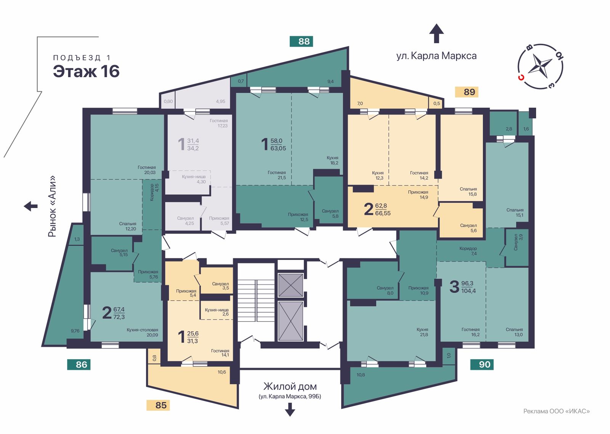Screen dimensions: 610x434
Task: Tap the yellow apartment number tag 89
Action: pyautogui.click(x=467, y=92)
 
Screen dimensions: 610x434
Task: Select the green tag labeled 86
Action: pyautogui.click(x=79, y=365)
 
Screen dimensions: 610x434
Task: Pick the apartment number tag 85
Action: pyautogui.click(x=158, y=405)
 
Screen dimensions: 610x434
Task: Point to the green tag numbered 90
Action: pyautogui.click(x=482, y=365)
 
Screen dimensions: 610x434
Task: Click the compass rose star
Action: pyautogui.click(x=540, y=66)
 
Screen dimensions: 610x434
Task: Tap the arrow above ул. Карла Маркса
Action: pyautogui.click(x=437, y=33)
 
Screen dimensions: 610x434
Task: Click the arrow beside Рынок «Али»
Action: pyautogui.click(x=30, y=206)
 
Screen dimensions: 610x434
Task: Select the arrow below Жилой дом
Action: pyautogui.click(x=290, y=409)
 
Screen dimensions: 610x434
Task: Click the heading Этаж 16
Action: pyautogui.click(x=86, y=71)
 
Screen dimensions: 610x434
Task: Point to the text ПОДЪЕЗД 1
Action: pyautogui.click(x=82, y=58)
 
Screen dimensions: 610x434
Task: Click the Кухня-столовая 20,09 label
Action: pyautogui.click(x=142, y=332)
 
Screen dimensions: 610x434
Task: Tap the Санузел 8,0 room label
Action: pyautogui.click(x=385, y=290)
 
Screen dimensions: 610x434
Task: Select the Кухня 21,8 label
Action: pyautogui.click(x=422, y=332)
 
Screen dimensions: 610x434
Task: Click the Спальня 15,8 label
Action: pyautogui.click(x=469, y=191)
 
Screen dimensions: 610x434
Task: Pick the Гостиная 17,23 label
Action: pyautogui.click(x=219, y=123)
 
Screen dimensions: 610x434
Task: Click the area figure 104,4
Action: pyautogui.click(x=469, y=291)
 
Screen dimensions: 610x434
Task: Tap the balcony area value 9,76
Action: pyautogui.click(x=75, y=331)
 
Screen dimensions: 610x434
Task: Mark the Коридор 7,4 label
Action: pyautogui.click(x=468, y=251)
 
